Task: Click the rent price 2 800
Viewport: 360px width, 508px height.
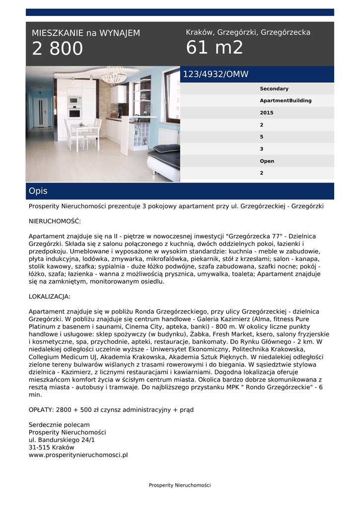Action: click(x=58, y=49)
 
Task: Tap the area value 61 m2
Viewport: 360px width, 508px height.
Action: click(x=215, y=48)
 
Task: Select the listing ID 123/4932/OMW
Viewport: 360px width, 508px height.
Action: click(x=216, y=74)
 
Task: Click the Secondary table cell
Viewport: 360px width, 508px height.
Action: click(x=274, y=89)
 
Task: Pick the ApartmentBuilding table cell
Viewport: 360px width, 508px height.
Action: click(x=286, y=101)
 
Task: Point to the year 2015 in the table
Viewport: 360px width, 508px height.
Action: click(x=267, y=113)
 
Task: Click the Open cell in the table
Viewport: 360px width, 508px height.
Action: click(x=267, y=161)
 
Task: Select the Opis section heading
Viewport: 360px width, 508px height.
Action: click(x=38, y=191)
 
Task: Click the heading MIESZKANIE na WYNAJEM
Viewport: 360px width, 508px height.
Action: click(x=86, y=33)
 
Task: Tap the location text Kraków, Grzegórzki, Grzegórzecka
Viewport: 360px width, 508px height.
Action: click(x=248, y=32)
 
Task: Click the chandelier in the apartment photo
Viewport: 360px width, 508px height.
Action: click(x=114, y=76)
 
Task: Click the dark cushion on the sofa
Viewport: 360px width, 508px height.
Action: click(x=166, y=148)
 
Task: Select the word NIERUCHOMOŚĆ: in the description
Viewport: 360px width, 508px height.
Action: click(x=55, y=221)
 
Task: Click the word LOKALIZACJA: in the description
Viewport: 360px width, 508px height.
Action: click(x=50, y=297)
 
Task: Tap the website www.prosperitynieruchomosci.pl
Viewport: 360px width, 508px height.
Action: click(x=78, y=454)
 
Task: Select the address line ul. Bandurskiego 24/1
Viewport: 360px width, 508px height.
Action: click(x=62, y=440)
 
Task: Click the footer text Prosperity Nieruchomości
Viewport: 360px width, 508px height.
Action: click(x=180, y=485)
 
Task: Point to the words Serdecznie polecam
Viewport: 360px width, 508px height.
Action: click(x=59, y=425)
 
